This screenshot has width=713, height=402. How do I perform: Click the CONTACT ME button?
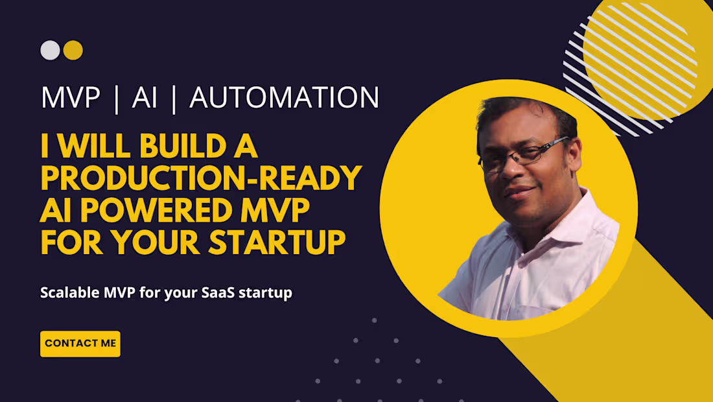pos(80,344)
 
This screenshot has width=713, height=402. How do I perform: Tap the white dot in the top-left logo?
pos(50,51)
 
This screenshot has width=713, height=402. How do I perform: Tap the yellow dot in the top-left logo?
pos(73,51)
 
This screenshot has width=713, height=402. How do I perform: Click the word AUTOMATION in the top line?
pos(284,98)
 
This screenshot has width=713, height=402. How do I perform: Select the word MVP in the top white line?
pos(71,98)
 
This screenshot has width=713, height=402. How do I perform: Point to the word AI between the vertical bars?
pos(145,98)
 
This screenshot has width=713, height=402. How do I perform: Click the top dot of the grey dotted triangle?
pos(375,320)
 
